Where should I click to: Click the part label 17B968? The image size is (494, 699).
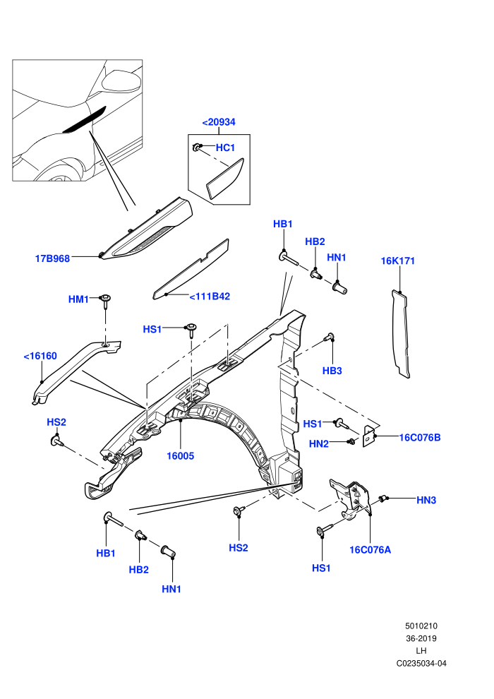52,258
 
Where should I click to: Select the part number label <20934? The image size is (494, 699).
219,122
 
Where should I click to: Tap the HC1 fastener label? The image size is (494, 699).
225,148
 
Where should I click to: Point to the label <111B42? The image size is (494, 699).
210,297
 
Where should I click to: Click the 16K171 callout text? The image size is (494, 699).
398,261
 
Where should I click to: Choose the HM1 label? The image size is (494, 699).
78,299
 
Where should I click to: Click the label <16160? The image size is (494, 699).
40,356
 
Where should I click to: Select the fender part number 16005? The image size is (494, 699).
181,455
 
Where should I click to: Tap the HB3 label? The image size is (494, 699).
332,371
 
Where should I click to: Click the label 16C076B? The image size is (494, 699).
420,437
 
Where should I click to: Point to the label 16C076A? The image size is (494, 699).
370,549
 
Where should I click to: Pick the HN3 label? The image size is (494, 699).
426,500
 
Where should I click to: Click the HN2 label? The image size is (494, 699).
319,443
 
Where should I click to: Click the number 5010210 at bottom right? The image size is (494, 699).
421,626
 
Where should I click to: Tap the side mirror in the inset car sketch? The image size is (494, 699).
121,80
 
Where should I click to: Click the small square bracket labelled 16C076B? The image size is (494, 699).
369,436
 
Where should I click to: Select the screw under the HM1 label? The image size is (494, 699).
106,301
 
